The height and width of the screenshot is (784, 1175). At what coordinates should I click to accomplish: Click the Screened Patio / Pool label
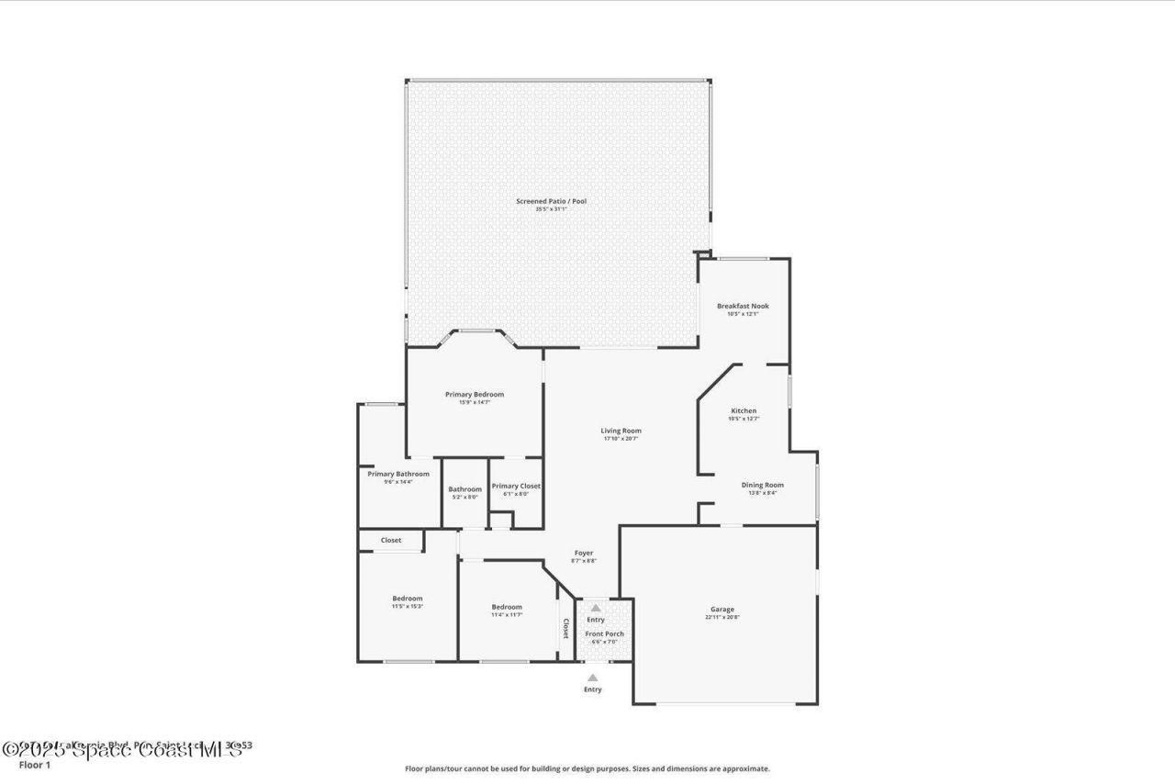tap(551, 201)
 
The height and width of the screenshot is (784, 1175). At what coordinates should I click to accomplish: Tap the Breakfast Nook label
tap(743, 306)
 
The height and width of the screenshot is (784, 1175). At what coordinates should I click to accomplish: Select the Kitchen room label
tap(744, 410)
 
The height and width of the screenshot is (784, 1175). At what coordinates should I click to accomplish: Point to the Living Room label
tap(621, 431)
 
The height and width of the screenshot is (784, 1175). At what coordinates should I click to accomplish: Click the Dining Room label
tap(762, 485)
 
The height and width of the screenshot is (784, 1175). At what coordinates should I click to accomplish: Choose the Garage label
tap(722, 610)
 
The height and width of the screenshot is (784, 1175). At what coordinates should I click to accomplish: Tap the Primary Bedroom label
tap(475, 395)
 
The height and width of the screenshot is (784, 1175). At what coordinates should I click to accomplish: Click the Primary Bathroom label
tap(398, 474)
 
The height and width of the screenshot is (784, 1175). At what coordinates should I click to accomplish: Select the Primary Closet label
tap(516, 486)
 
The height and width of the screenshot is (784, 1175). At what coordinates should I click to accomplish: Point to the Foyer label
tap(584, 553)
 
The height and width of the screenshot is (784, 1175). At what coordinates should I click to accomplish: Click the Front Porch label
tap(605, 633)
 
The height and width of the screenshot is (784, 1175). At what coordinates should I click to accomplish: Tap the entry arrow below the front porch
tap(593, 678)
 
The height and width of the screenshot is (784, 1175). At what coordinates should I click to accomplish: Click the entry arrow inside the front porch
tap(596, 608)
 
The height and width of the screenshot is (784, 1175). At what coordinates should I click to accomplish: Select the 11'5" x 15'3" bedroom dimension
tap(408, 607)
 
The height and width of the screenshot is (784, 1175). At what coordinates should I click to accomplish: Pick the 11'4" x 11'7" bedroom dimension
tap(507, 615)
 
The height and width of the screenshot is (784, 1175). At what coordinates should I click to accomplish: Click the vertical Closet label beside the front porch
tap(565, 628)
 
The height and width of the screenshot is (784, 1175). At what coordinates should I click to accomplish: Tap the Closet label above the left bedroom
tap(391, 540)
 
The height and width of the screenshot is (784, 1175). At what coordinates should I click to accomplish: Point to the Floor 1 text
tap(35, 764)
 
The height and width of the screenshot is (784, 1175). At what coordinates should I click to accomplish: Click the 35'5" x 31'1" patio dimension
tap(551, 209)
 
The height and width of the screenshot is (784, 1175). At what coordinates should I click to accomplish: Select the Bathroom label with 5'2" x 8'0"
tap(464, 489)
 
